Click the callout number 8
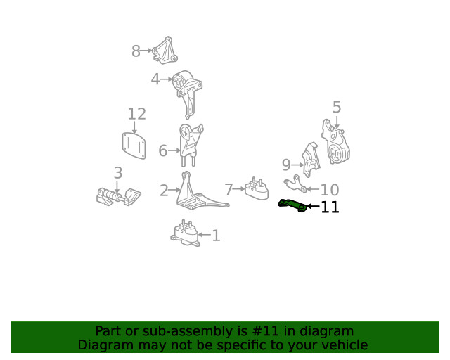pyautogui.click(x=136, y=51)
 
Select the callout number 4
pyautogui.click(x=155, y=79)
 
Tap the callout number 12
pyautogui.click(x=136, y=114)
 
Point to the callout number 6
pyautogui.click(x=163, y=150)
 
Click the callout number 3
pyautogui.click(x=117, y=172)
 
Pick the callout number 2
pyautogui.click(x=164, y=190)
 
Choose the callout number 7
pyautogui.click(x=229, y=189)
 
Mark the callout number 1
pyautogui.click(x=216, y=236)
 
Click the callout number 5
pyautogui.click(x=337, y=108)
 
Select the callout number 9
pyautogui.click(x=286, y=165)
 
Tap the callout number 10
pyautogui.click(x=330, y=190)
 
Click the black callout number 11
pyautogui.click(x=330, y=207)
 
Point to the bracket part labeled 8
pyautogui.click(x=165, y=50)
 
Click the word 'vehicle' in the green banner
pyautogui.click(x=343, y=345)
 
